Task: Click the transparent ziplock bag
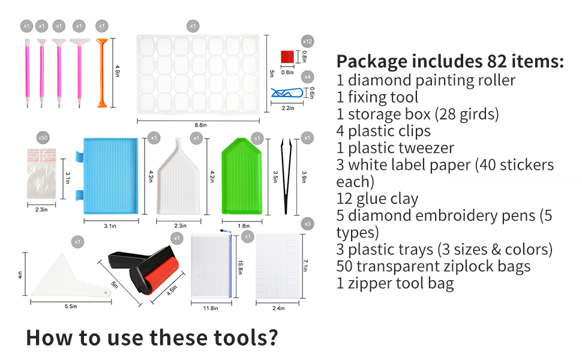coord(44,179)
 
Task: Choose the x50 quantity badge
coord(43,138)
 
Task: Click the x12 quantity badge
coord(308,42)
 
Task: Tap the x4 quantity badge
coord(308,77)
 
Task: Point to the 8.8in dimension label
coord(201,125)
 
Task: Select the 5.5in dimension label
coord(70,307)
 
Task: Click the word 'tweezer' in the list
coord(425,148)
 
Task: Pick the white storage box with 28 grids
coord(201,74)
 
